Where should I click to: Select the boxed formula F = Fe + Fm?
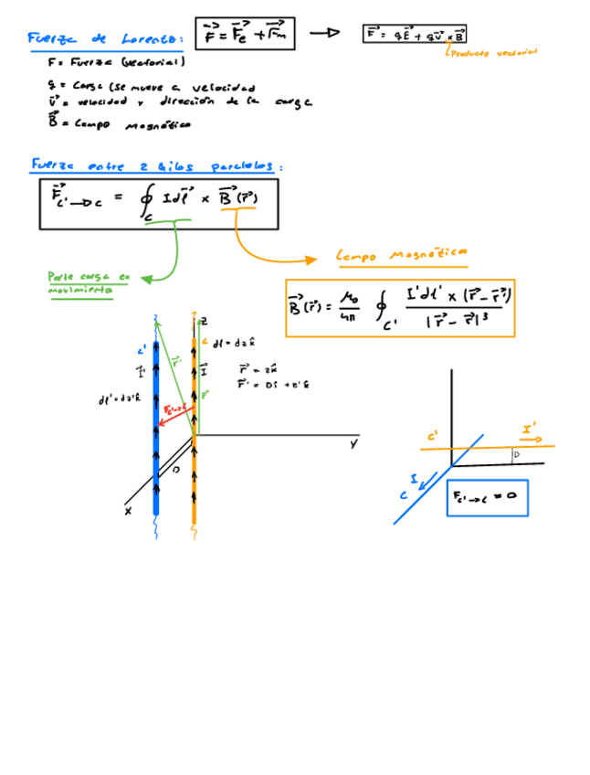coord(246,34)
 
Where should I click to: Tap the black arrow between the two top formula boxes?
coord(324,33)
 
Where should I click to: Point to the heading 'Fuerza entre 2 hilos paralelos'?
coord(157,166)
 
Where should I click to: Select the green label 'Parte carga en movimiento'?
coord(89,281)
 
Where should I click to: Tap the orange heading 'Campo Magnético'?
coord(403,256)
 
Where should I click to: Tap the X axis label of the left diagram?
coord(129,512)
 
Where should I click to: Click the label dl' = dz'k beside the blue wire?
coord(119,399)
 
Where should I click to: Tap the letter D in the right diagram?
coord(516,454)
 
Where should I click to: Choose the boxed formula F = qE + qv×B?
coord(416,35)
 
